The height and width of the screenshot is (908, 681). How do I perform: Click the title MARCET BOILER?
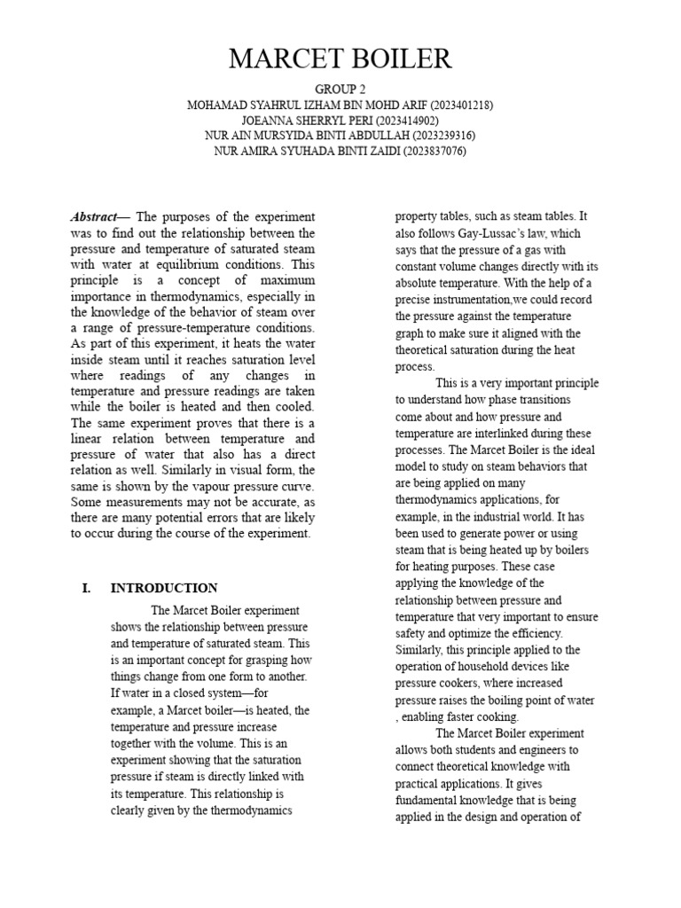click(340, 59)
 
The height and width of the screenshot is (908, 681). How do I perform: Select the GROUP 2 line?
click(340, 90)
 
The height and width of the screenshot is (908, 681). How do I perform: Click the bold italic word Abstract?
click(93, 217)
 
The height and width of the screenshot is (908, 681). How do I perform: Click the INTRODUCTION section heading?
click(163, 588)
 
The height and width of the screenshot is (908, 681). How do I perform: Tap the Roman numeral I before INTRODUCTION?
click(86, 588)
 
